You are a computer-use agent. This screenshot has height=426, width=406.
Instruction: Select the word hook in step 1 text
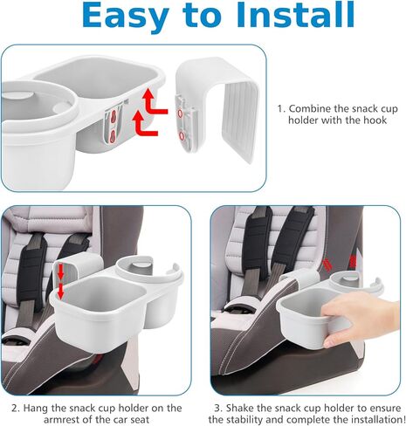click(x=376, y=120)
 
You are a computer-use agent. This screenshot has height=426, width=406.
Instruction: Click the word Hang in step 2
click(x=32, y=408)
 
